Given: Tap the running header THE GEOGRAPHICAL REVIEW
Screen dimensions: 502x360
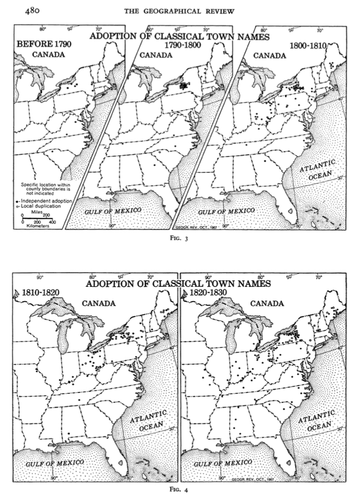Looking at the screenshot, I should pyautogui.click(x=179, y=11).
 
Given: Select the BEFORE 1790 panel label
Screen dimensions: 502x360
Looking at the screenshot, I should pyautogui.click(x=44, y=45).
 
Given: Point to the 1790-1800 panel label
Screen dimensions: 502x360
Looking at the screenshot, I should pyautogui.click(x=182, y=45).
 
